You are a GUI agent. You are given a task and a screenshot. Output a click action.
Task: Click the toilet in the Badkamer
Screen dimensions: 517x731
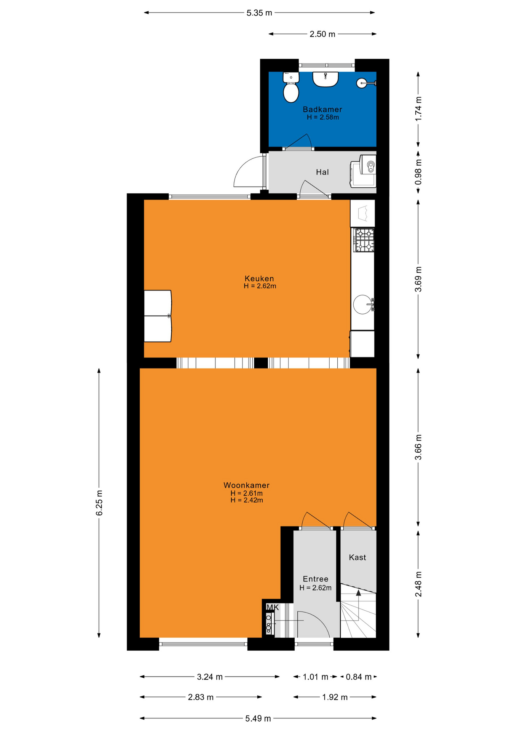point(291,88)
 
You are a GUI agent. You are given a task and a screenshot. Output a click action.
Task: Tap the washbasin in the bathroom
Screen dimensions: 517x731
point(326,79)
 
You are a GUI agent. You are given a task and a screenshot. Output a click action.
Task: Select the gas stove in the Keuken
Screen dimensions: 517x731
point(364,240)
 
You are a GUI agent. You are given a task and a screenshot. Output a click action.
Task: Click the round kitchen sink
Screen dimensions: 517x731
point(362,304)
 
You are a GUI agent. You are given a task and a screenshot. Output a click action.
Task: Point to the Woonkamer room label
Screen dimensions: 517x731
point(246,485)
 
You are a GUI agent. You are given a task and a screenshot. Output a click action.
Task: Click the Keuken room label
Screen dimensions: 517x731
point(259,278)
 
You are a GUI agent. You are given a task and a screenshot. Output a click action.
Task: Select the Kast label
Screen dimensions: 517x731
point(357,557)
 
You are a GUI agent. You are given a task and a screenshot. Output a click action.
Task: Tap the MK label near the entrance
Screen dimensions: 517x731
point(273,607)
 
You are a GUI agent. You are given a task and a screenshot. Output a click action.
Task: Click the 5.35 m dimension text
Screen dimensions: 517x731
point(259,13)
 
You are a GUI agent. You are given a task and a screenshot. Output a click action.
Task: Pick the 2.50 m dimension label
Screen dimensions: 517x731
point(322,34)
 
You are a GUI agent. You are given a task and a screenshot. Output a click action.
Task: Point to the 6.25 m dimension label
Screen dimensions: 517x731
point(99,503)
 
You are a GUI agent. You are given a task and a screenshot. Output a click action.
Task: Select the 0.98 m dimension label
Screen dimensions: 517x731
point(418,172)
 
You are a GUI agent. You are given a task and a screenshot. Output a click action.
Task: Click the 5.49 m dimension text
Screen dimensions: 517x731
point(258,718)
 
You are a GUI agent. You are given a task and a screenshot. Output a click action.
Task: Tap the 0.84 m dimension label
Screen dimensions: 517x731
point(359,677)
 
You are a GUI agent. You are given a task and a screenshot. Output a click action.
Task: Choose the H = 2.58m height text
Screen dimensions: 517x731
point(323,117)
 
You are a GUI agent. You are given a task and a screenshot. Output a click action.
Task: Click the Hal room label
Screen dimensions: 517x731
point(322,172)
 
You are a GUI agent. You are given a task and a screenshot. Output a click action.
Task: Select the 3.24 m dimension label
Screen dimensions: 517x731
point(210,677)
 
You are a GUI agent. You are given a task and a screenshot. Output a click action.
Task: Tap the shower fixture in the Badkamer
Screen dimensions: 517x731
point(366,83)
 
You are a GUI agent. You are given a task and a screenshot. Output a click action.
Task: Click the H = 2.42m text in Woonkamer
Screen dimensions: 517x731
point(247,500)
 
